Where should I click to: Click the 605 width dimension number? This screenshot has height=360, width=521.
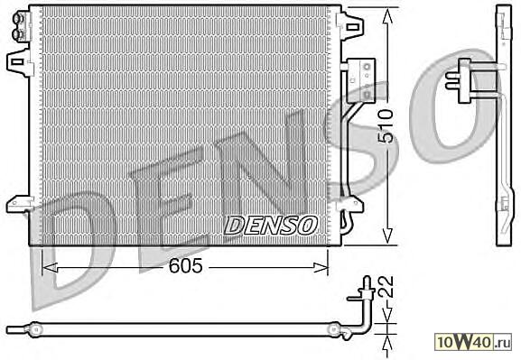[185, 266]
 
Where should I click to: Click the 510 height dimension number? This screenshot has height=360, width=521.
[386, 126]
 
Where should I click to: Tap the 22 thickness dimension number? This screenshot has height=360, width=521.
[386, 287]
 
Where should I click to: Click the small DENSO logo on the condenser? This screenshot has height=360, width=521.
[271, 226]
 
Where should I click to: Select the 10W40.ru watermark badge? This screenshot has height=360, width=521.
[473, 342]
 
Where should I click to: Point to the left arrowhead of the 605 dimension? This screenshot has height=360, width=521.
[51, 267]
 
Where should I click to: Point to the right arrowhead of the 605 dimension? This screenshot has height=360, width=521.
[321, 267]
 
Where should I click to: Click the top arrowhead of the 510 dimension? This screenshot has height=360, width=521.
[386, 16]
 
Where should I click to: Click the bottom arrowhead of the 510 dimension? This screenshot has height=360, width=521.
[386, 235]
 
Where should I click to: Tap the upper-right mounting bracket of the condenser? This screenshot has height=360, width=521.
[350, 24]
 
